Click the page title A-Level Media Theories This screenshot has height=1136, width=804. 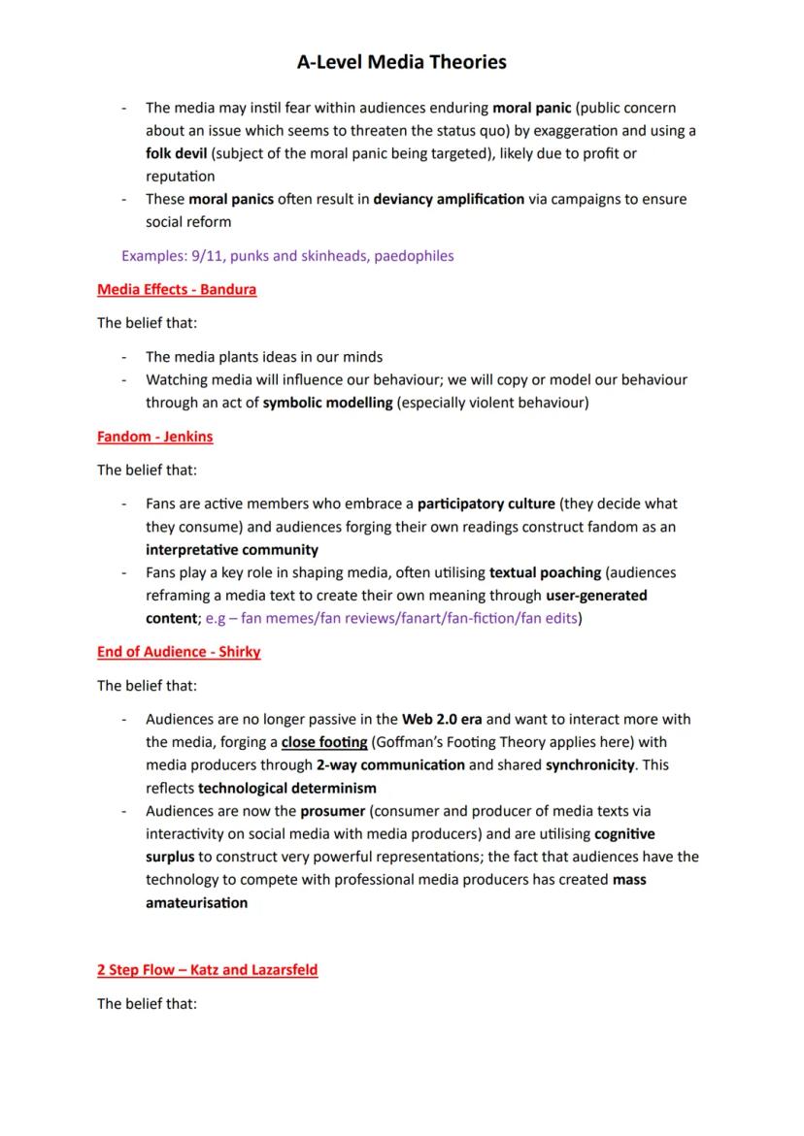click(402, 62)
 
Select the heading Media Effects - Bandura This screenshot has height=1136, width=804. click(177, 289)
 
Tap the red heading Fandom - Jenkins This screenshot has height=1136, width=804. click(154, 437)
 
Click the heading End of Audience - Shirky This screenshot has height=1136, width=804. click(179, 652)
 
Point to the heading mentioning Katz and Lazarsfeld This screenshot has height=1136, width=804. click(207, 969)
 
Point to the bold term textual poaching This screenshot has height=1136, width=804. click(544, 572)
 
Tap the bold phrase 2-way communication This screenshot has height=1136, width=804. click(391, 764)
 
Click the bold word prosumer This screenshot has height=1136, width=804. click(332, 810)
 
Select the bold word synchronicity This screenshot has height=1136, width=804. click(593, 764)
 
